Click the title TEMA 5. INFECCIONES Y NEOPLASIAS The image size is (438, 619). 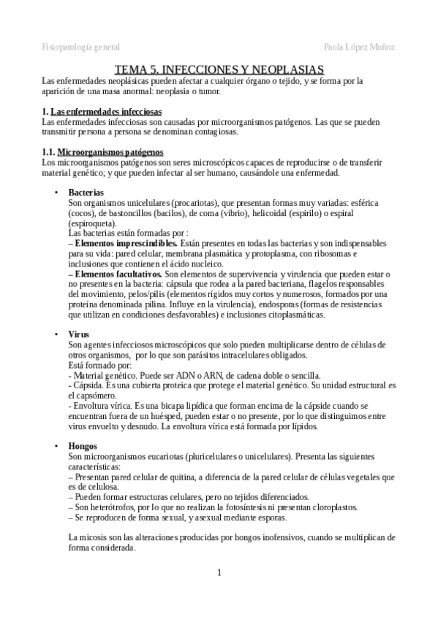(x=219, y=69)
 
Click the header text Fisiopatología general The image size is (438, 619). (x=81, y=46)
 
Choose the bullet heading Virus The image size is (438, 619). (x=79, y=334)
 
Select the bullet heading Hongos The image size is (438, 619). (x=83, y=445)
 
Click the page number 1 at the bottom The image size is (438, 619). (x=219, y=572)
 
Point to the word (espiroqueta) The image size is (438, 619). (x=90, y=222)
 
